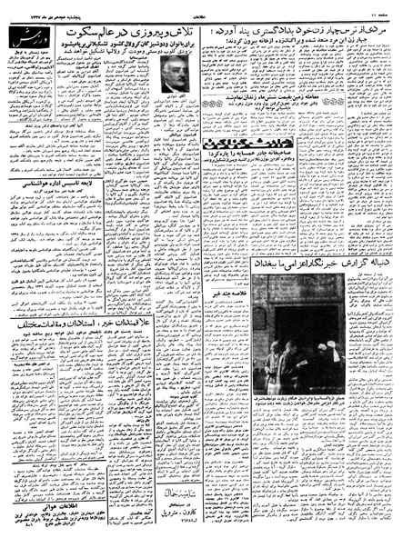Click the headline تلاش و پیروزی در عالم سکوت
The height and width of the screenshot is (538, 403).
(x=141, y=31)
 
